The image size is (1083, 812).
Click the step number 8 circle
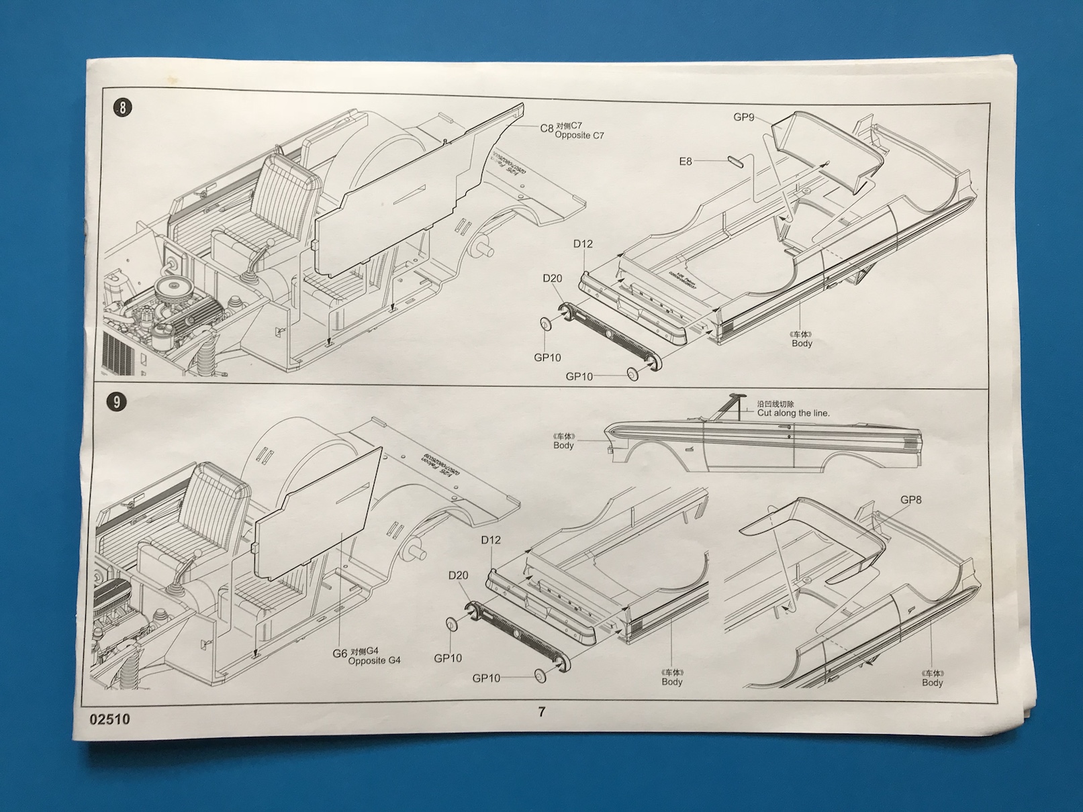pyautogui.click(x=122, y=108)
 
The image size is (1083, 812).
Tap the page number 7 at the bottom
pyautogui.click(x=542, y=711)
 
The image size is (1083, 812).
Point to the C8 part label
pyautogui.click(x=547, y=128)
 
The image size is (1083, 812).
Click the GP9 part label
pyautogui.click(x=743, y=117)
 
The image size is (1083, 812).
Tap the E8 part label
pyautogui.click(x=685, y=161)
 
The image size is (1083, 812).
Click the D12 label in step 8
pyautogui.click(x=583, y=244)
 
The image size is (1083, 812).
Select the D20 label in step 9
pyautogui.click(x=458, y=575)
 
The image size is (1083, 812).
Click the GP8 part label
pyautogui.click(x=910, y=499)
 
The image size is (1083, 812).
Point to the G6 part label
pyautogui.click(x=340, y=653)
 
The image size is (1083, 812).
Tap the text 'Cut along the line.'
pyautogui.click(x=793, y=413)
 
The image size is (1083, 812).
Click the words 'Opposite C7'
pyautogui.click(x=579, y=135)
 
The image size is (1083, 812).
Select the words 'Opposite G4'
pyautogui.click(x=374, y=660)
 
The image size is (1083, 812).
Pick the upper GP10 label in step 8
pyautogui.click(x=547, y=358)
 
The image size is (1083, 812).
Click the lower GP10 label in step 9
pyautogui.click(x=486, y=678)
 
